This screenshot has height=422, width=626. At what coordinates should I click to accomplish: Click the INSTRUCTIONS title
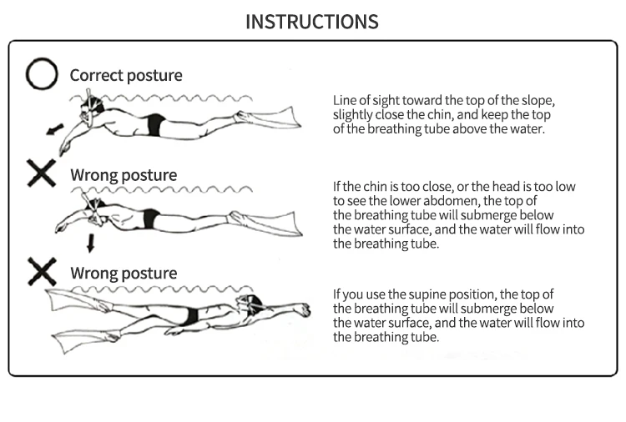[x=312, y=22]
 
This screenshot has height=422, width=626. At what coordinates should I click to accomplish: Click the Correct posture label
[x=126, y=75]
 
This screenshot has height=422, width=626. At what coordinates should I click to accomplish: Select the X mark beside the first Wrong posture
[x=42, y=173]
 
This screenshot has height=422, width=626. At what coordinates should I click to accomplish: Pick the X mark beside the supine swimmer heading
[x=42, y=272]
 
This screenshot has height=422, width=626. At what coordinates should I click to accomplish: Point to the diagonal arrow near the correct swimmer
[x=55, y=129]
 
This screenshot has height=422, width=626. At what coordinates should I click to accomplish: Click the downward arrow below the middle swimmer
[x=91, y=243]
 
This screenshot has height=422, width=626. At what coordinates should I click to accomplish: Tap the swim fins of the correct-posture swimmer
[x=267, y=117]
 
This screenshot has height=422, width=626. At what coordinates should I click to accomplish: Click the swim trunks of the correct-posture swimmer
[x=156, y=124]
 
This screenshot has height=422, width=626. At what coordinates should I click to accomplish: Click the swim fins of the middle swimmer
[x=265, y=223]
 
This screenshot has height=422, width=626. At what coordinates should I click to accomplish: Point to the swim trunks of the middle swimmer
[x=150, y=219]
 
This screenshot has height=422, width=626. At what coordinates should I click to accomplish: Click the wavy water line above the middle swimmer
[x=162, y=189]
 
